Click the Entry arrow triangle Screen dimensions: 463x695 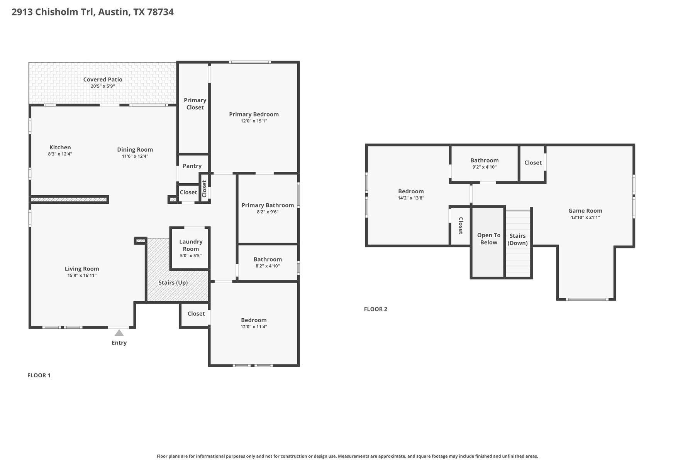(x=119, y=333)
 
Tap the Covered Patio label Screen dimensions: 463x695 (x=103, y=79)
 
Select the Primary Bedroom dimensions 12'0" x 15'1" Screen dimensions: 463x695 (x=254, y=121)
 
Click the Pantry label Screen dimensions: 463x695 (x=192, y=166)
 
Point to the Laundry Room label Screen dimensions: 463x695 (x=191, y=245)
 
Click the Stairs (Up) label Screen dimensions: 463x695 (x=173, y=282)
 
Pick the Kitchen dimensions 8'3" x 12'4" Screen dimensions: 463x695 (x=60, y=154)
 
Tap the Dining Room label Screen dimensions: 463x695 (x=135, y=149)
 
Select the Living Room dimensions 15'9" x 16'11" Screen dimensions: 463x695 (x=82, y=275)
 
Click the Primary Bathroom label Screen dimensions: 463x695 (x=268, y=205)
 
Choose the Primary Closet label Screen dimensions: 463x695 (x=195, y=104)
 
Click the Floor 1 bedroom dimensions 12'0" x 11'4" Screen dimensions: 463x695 (x=254, y=327)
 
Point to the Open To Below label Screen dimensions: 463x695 (x=488, y=238)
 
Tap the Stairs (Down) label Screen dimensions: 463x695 (x=517, y=239)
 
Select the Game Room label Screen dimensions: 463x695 (x=585, y=211)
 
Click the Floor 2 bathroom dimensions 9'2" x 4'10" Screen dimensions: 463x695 (x=484, y=167)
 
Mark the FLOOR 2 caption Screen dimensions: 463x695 (x=375, y=309)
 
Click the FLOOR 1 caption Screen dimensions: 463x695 (x=39, y=375)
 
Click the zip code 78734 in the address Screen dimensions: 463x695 (x=160, y=12)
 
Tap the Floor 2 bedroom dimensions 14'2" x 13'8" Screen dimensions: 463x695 (x=411, y=198)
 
